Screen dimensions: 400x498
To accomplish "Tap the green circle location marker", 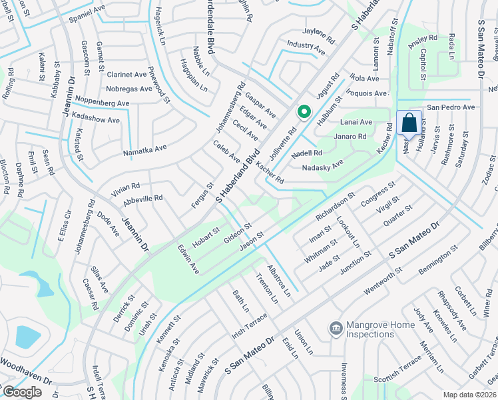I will click(304, 113).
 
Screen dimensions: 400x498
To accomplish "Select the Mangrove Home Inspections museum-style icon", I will click(336, 328).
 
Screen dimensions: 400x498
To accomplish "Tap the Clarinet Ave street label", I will click(126, 75).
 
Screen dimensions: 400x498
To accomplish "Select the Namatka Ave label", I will click(144, 152).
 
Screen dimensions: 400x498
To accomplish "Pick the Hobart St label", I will click(206, 235).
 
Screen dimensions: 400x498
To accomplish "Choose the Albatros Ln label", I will click(279, 279).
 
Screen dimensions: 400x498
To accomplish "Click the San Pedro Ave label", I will click(451, 107).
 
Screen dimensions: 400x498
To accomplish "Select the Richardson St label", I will click(334, 208).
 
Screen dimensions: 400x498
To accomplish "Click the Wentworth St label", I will click(384, 283).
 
